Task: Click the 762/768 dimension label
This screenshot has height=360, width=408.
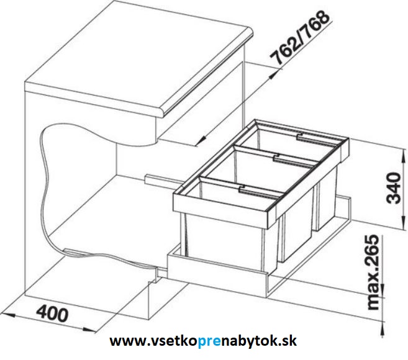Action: point(300,38)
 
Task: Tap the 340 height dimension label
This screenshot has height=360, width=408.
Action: point(394,188)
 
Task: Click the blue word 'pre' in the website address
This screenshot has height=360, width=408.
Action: point(209,341)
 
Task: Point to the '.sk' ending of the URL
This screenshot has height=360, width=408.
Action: point(289,341)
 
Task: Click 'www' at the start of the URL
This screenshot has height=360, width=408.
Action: point(123,341)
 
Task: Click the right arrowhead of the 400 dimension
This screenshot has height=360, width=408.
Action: point(90,330)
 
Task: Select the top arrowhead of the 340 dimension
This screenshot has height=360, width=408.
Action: point(404,155)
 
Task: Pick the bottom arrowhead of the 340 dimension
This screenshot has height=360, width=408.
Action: point(404,223)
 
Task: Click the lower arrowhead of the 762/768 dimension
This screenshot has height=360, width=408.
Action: point(201,142)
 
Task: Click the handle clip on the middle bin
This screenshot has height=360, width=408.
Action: point(277,158)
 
